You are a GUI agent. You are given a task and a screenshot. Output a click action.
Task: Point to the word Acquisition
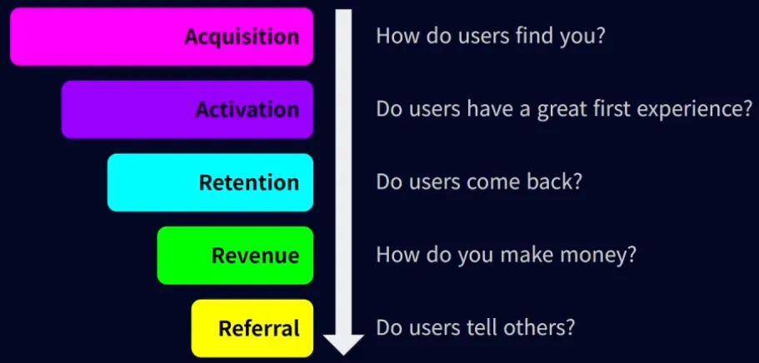242,37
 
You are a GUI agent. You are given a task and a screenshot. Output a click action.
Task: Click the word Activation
247,110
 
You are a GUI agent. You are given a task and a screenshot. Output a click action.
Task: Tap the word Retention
248,182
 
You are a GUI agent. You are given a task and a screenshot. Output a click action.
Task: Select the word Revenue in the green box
255,255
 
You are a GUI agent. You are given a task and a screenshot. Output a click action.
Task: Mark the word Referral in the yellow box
258,328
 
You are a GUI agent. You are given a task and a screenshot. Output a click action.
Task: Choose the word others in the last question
542,327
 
